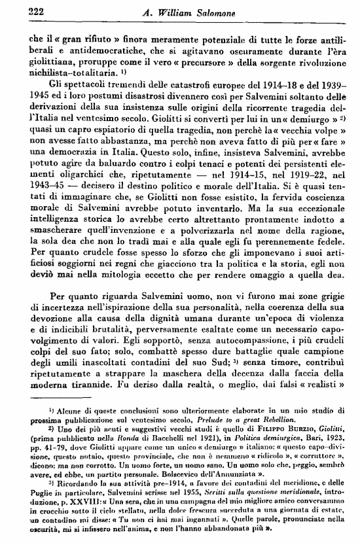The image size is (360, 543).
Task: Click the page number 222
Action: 23,9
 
